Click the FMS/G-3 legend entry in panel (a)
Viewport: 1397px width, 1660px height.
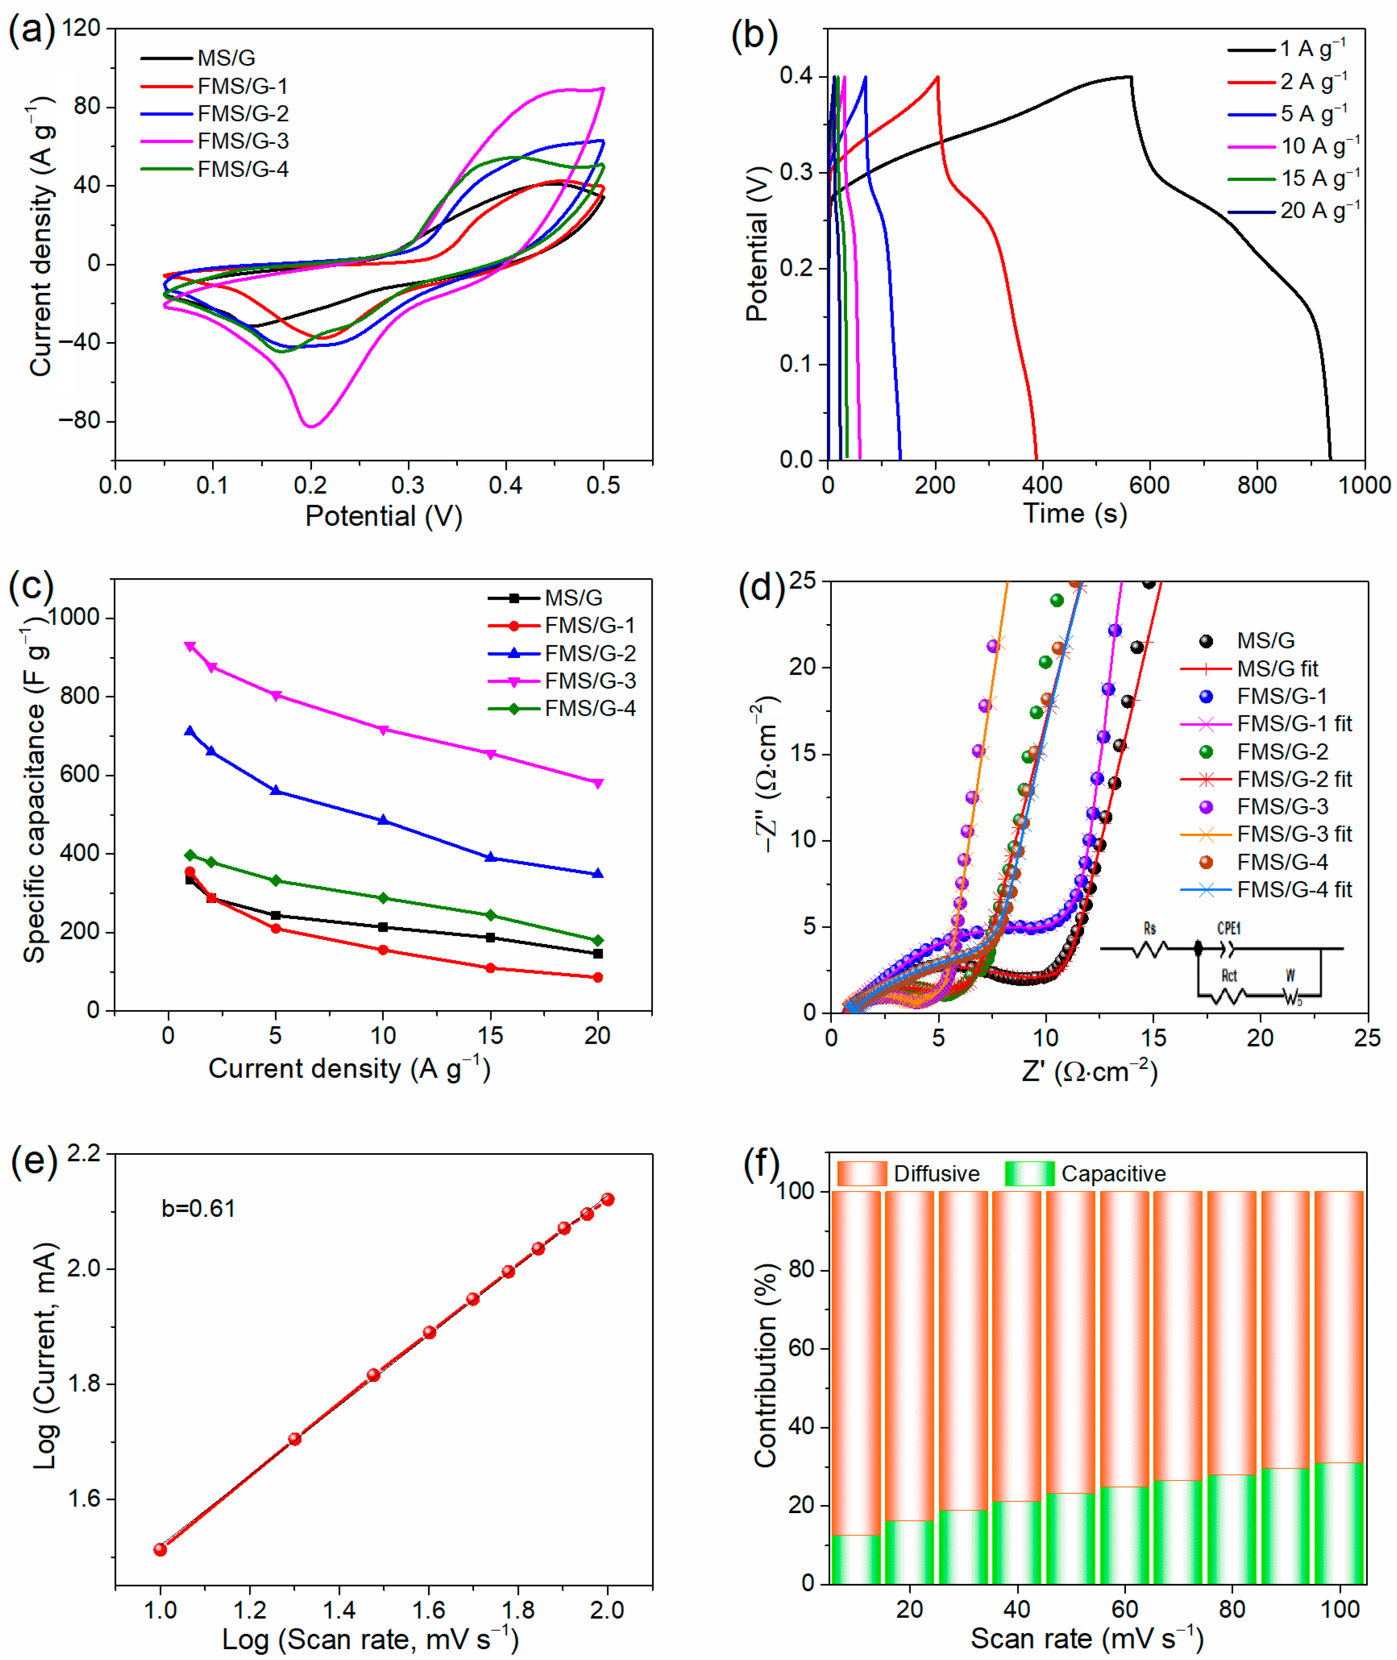[x=242, y=141]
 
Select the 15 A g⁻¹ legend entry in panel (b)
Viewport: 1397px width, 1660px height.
[x=1320, y=178]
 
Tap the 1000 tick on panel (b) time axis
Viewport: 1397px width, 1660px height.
[x=1364, y=485]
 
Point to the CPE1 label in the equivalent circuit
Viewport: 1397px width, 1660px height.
[x=1228, y=928]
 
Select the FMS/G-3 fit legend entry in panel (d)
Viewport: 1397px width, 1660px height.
[x=1294, y=834]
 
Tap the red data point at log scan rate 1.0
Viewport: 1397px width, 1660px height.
[x=161, y=1549]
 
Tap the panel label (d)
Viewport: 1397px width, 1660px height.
[x=760, y=587]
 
